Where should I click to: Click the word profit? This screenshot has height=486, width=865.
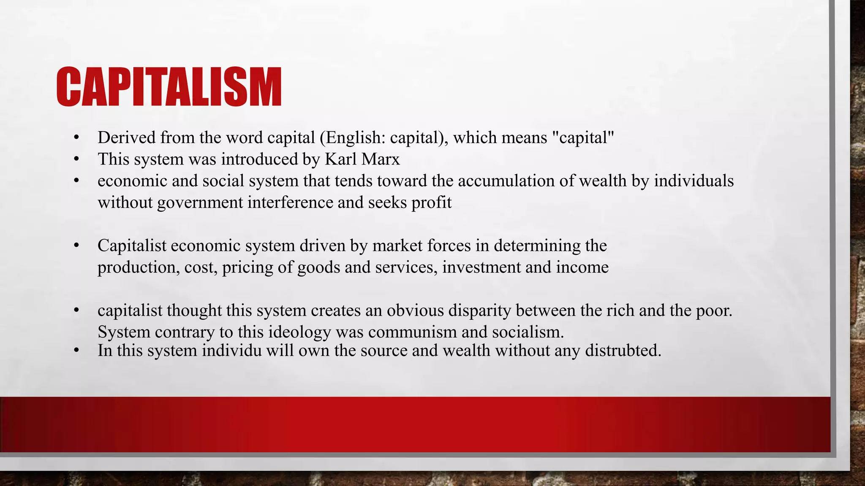[x=432, y=203]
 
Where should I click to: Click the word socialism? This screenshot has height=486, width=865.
[x=528, y=332]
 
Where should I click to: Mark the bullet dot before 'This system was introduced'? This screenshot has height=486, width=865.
[x=76, y=159]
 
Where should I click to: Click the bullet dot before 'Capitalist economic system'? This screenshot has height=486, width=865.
[x=76, y=246]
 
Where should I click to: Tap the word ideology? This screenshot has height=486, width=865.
[x=299, y=332]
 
